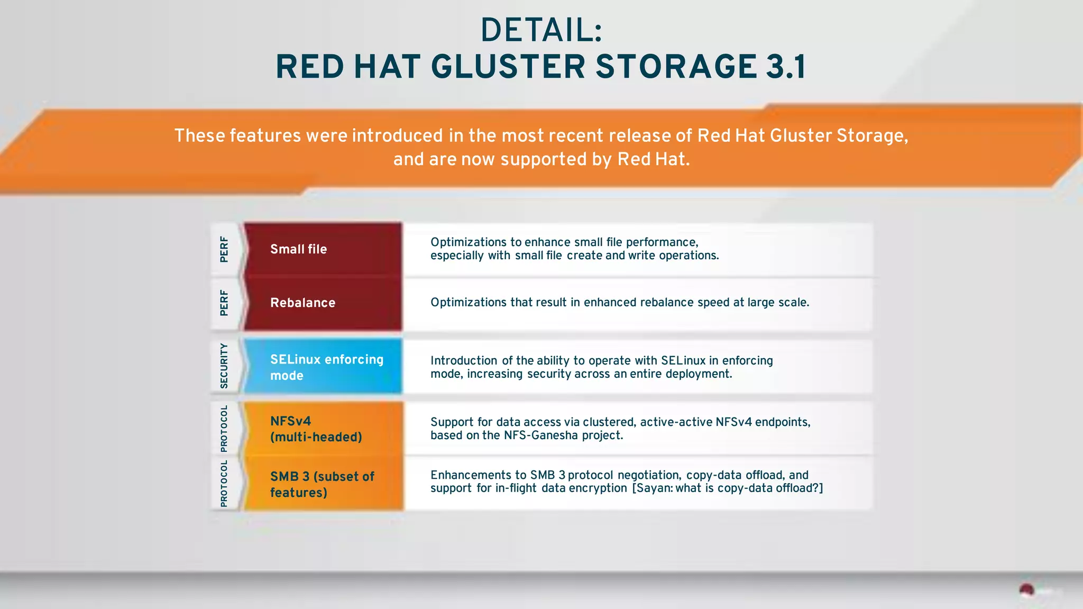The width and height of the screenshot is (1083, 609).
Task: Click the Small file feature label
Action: tap(298, 249)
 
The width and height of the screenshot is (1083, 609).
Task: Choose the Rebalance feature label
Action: tap(302, 303)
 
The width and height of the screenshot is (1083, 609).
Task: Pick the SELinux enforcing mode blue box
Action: tap(323, 367)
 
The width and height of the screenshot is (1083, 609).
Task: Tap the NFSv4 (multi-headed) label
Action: tap(316, 429)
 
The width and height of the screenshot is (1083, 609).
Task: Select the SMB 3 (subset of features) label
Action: tap(322, 484)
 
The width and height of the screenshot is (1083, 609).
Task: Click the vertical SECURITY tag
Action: tap(224, 366)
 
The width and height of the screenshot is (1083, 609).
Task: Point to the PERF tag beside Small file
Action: tap(224, 249)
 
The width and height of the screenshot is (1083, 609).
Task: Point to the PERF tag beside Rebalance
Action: tap(224, 303)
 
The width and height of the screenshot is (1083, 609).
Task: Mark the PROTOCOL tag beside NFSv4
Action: tap(224, 429)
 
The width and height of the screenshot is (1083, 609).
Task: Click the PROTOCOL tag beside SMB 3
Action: tap(224, 484)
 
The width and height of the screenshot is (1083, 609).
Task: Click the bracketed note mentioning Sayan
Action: tap(728, 488)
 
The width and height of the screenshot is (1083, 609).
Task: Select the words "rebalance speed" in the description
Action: tap(685, 302)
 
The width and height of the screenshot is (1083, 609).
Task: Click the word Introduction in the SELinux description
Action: tap(463, 361)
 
